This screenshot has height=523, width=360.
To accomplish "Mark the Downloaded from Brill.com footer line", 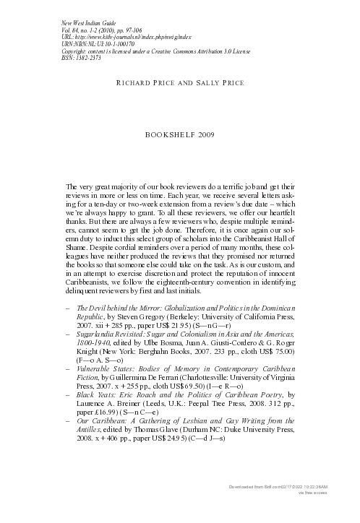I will (x=304, y=508).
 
